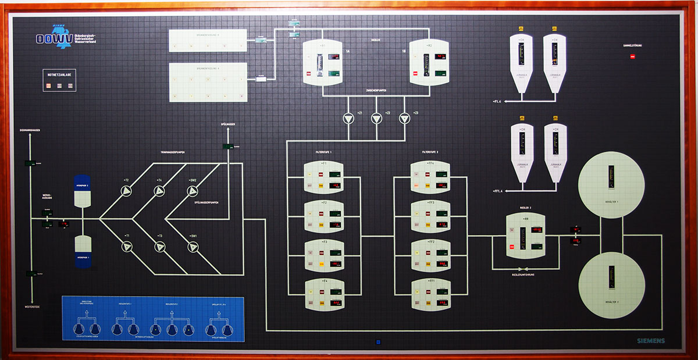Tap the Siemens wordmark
pyautogui.click(x=650, y=340)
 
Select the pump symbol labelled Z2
pyautogui.click(x=377, y=119)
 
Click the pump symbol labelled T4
pyautogui.click(x=159, y=191)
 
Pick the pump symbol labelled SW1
pyautogui.click(x=193, y=247)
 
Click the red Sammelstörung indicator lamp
pyautogui.click(x=633, y=56)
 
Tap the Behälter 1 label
pyautogui.click(x=611, y=202)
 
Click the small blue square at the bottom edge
pyautogui.click(x=378, y=341)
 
